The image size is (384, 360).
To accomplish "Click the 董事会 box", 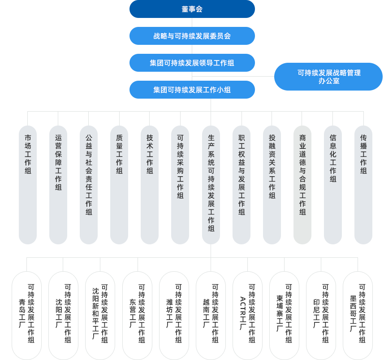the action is pos(192,9).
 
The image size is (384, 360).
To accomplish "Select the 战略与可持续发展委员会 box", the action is pos(192,36).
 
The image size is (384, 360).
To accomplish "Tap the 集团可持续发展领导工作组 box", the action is pos(192,63).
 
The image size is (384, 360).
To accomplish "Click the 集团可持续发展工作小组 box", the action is pos(192,90).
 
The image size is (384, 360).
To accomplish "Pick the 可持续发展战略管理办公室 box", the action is pos(328,77).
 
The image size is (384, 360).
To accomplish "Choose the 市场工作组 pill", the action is pos(28,185).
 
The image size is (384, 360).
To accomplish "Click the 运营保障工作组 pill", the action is pos(58,185).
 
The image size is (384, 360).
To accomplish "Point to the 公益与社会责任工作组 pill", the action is pos(89,185).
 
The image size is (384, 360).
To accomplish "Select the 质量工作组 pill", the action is pos(119,185).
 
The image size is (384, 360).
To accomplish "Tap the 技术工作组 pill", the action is pos(150,185).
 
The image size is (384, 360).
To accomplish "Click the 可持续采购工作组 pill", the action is pos(180,185).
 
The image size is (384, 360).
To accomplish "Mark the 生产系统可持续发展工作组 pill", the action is pos(211,185).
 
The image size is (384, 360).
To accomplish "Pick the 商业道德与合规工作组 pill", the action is pos(302,185).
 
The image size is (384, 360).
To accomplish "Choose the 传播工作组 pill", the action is pos(363,185).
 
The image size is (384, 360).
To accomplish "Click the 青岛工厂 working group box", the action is pos(27,316).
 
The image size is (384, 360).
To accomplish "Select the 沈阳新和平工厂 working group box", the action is pos(100,316).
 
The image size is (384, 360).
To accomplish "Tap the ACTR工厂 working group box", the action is pos(248,316).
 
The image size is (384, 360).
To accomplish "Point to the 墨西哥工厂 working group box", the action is pos(358,316).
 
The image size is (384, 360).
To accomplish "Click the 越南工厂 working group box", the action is pos(211,316).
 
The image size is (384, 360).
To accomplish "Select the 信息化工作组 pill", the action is pos(333,185).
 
